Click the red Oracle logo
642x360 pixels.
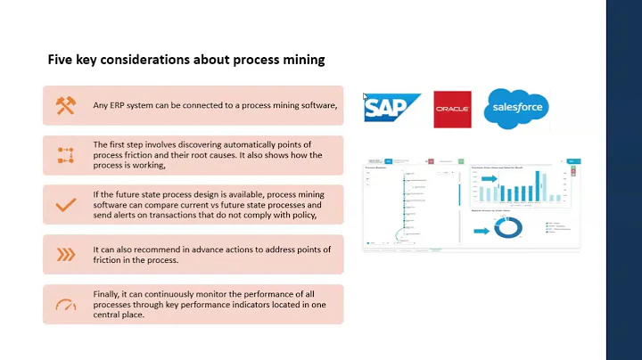pos(452,110)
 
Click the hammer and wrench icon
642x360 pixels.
pos(66,105)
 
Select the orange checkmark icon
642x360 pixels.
pos(66,205)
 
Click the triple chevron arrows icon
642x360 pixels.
pos(66,255)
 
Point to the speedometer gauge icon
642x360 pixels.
pos(66,305)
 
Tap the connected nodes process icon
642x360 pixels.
pos(66,155)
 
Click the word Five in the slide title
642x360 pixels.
pos(60,61)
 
